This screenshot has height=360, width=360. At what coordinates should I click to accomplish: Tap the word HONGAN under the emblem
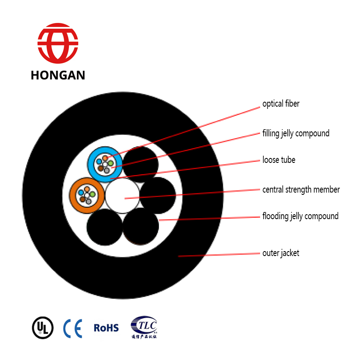click(x=58, y=75)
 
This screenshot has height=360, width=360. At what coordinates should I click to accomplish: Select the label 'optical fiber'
click(x=281, y=104)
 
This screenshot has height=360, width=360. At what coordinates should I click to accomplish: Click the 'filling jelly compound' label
click(x=296, y=134)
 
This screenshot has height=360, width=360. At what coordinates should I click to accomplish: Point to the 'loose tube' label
click(x=279, y=160)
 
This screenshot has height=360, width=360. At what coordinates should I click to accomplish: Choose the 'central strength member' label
click(x=301, y=189)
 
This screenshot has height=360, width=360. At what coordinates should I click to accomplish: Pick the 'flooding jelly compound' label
click(x=300, y=216)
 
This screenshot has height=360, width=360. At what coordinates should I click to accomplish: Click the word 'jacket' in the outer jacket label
click(x=289, y=253)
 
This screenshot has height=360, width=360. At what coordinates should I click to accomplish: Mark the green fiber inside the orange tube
click(x=92, y=194)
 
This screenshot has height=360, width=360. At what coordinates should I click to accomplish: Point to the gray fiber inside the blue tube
click(x=107, y=170)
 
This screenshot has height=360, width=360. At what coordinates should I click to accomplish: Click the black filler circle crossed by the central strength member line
click(x=157, y=195)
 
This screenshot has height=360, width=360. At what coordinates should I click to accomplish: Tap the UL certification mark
click(x=42, y=328)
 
